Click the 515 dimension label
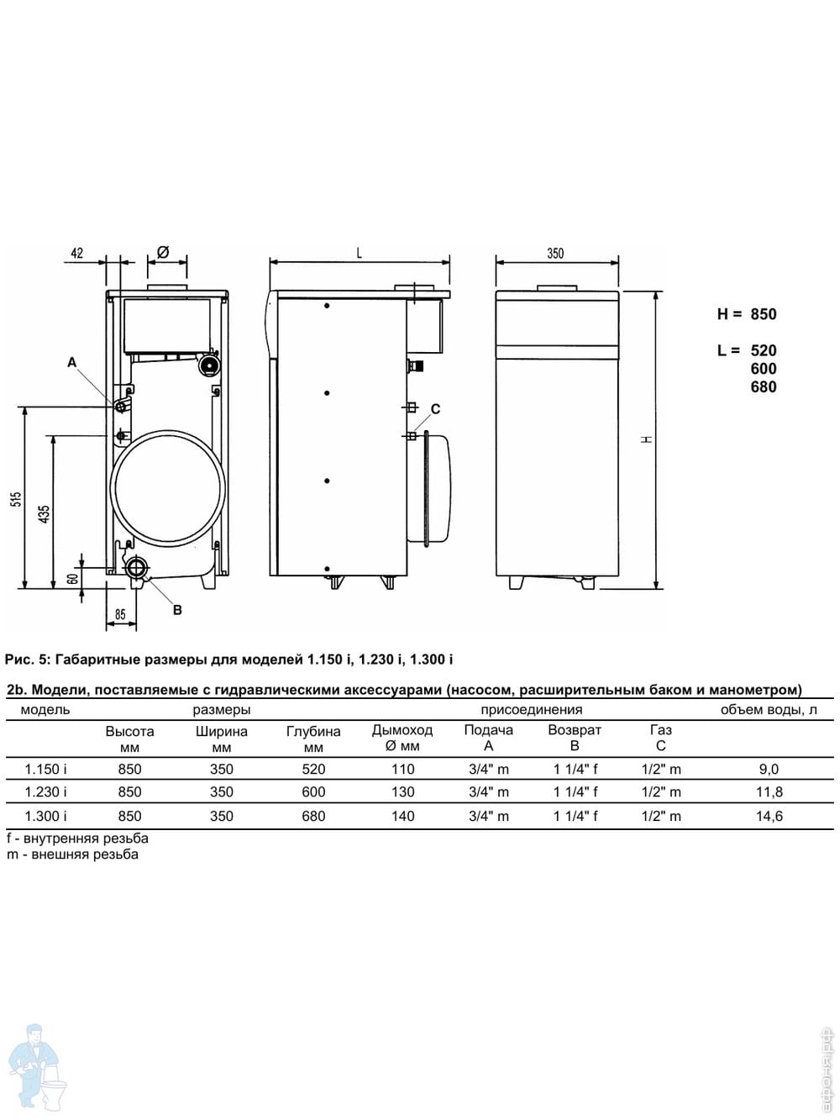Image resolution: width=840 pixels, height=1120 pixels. point(17,498)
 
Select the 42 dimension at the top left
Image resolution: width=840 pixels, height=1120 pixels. point(77,253)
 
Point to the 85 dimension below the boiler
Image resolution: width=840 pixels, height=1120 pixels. point(120,614)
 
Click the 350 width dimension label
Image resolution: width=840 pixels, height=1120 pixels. point(555,253)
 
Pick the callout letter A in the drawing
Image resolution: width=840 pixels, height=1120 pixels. point(72,362)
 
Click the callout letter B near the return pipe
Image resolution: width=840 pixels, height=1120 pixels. point(177,610)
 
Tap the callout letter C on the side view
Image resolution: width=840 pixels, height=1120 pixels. point(435,408)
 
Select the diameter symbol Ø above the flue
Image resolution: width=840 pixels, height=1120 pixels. point(163,251)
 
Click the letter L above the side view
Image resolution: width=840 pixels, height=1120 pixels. point(359,253)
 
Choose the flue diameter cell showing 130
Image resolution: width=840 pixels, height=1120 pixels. point(402,792)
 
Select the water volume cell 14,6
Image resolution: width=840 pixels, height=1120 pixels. point(769,815)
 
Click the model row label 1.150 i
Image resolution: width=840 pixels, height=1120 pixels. point(45,769)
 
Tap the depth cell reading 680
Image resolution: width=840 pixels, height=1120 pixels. point(313,815)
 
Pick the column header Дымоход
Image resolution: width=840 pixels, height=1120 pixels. point(402,730)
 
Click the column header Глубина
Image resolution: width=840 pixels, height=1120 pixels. point(313,731)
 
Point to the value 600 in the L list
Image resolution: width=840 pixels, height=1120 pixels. point(764,368)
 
